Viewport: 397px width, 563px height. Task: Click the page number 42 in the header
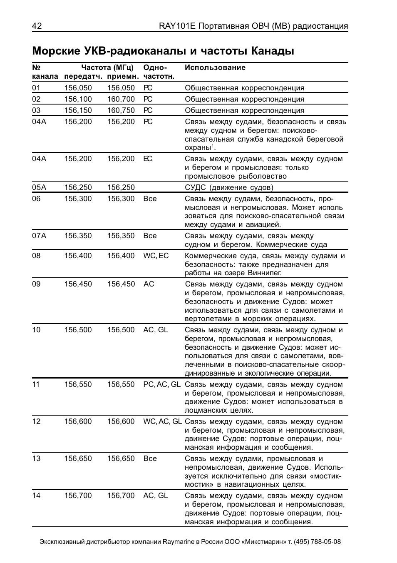pyautogui.click(x=37, y=26)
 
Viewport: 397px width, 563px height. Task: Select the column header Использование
pyautogui.click(x=215, y=67)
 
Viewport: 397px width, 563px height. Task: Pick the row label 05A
pyautogui.click(x=39, y=187)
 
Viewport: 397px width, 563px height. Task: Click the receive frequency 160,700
pyautogui.click(x=121, y=99)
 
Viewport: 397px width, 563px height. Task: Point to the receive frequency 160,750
pyautogui.click(x=121, y=110)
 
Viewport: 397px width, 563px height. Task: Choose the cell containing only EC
pyautogui.click(x=148, y=159)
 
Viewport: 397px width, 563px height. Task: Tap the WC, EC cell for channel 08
pyautogui.click(x=156, y=256)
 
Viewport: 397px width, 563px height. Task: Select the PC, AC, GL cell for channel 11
pyautogui.click(x=162, y=384)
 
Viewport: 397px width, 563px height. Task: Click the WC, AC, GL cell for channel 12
pyautogui.click(x=162, y=421)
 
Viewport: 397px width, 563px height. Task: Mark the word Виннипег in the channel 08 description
pyautogui.click(x=264, y=273)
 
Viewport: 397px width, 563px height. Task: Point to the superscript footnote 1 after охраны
pyautogui.click(x=212, y=146)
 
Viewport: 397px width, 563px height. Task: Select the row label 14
pyautogui.click(x=36, y=496)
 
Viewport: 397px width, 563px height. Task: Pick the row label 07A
pyautogui.click(x=39, y=236)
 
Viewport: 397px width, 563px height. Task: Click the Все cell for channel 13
pyautogui.click(x=150, y=458)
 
